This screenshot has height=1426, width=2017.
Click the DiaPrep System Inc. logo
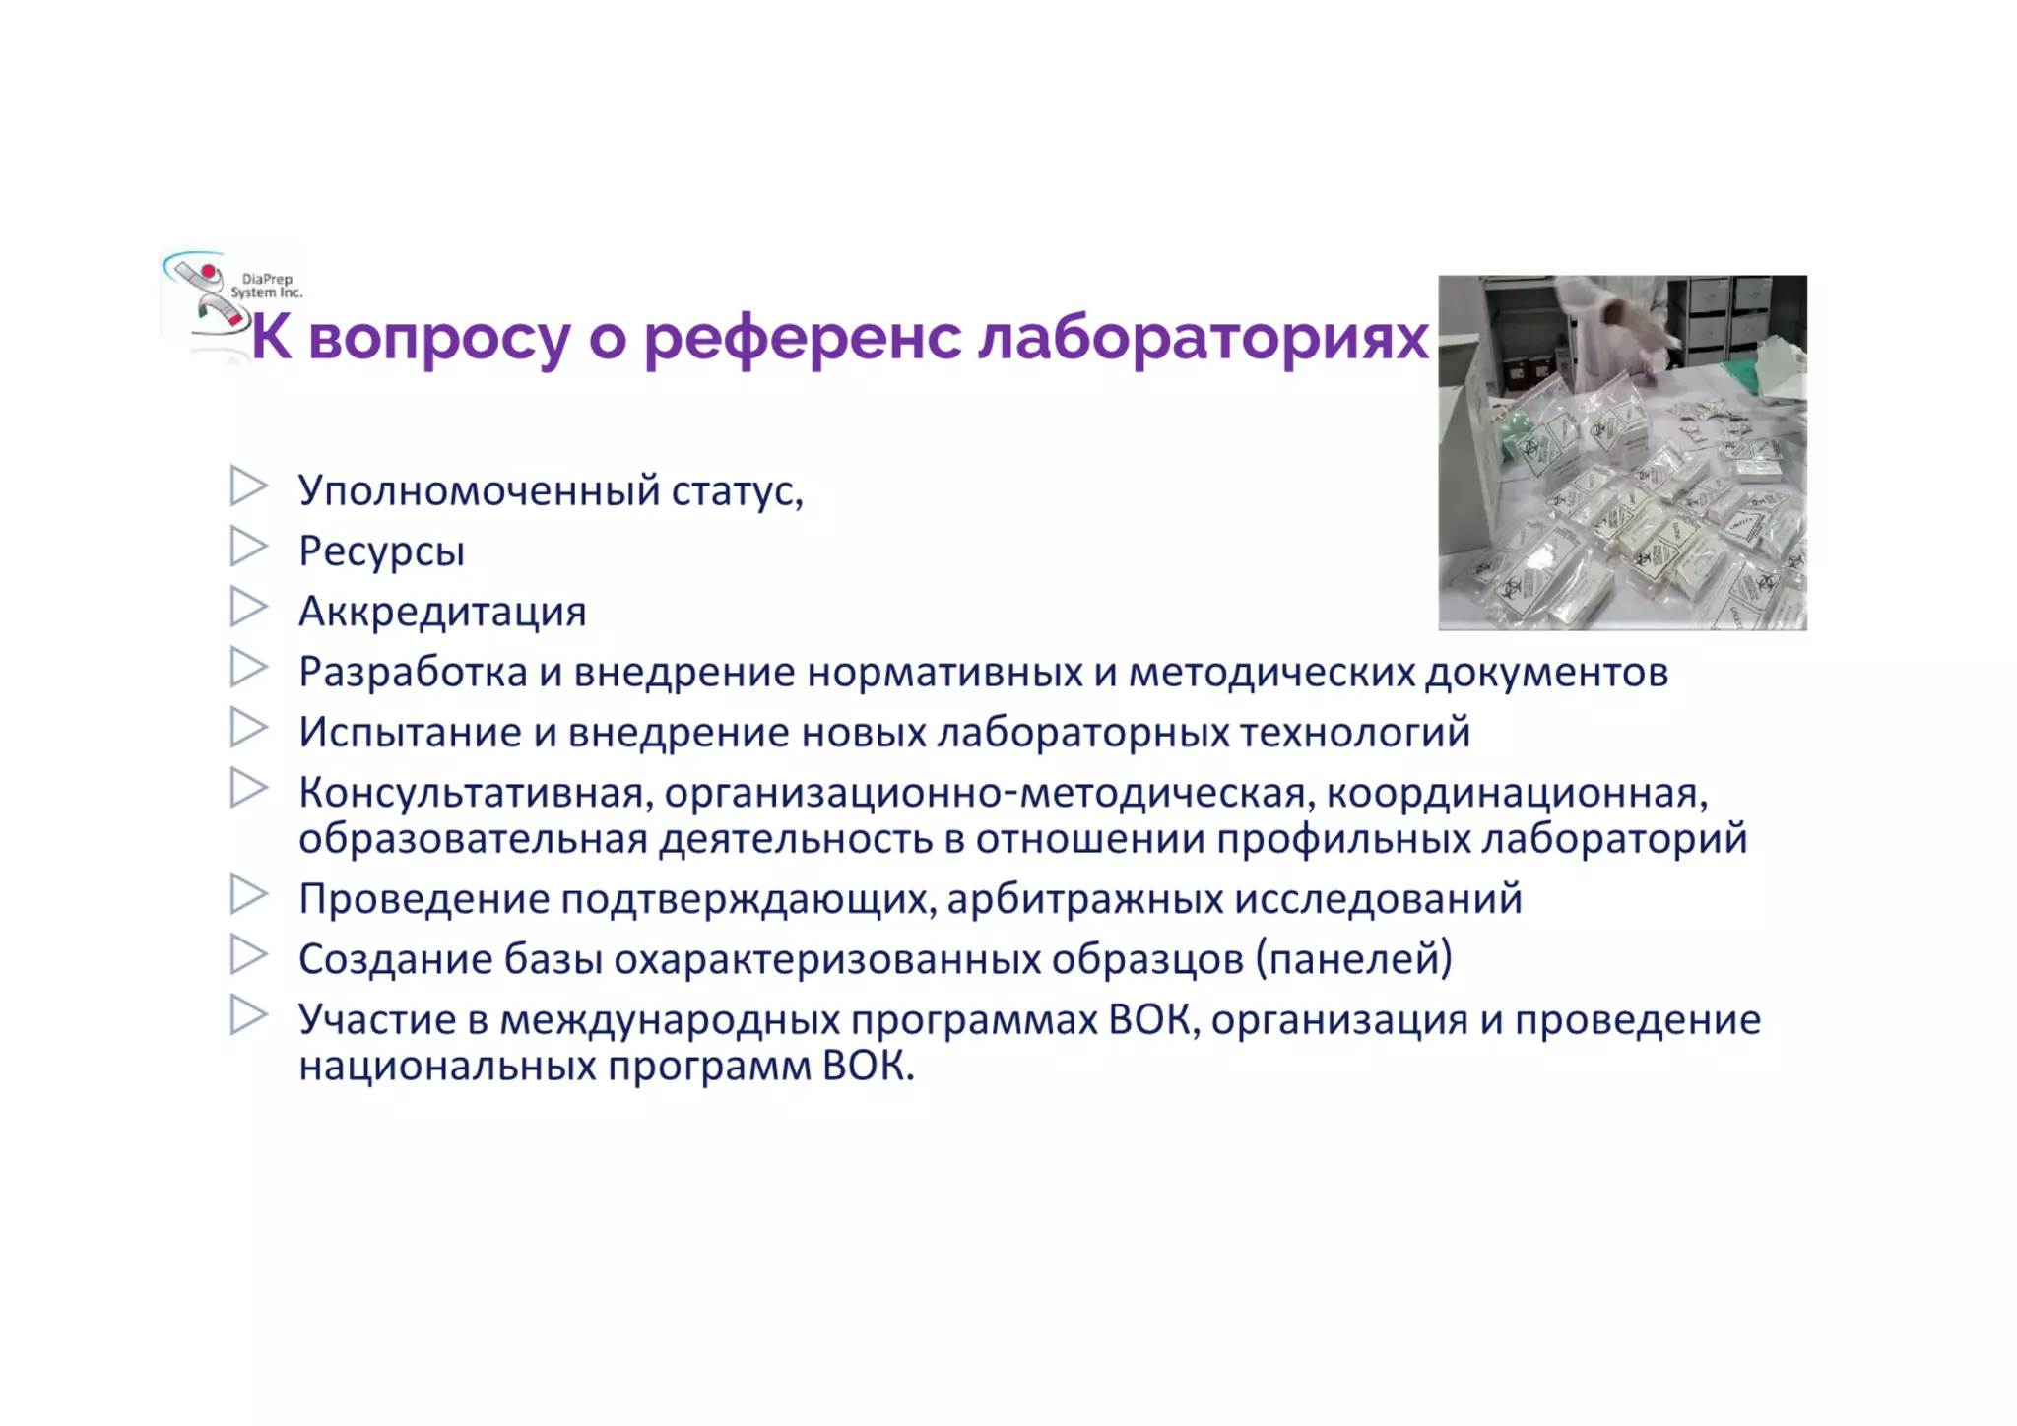pos(231,296)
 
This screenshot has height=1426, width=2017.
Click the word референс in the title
pos(802,338)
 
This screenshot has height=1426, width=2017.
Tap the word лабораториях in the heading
pos(1203,338)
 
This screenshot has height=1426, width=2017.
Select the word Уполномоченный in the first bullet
pos(479,490)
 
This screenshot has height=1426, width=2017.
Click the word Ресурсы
pos(381,551)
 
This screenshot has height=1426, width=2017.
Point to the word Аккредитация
pos(442,612)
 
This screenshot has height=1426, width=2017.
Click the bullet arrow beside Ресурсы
pos(248,547)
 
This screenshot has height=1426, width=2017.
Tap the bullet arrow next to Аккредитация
pos(248,607)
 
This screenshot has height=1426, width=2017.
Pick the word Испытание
pos(410,733)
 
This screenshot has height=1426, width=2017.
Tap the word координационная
pos(1517,793)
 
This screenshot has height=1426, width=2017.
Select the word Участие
pos(377,1020)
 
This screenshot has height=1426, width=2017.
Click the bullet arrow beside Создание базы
pos(248,954)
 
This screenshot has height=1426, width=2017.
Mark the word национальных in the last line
pos(447,1067)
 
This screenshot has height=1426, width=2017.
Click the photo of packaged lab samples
pos(1622,452)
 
